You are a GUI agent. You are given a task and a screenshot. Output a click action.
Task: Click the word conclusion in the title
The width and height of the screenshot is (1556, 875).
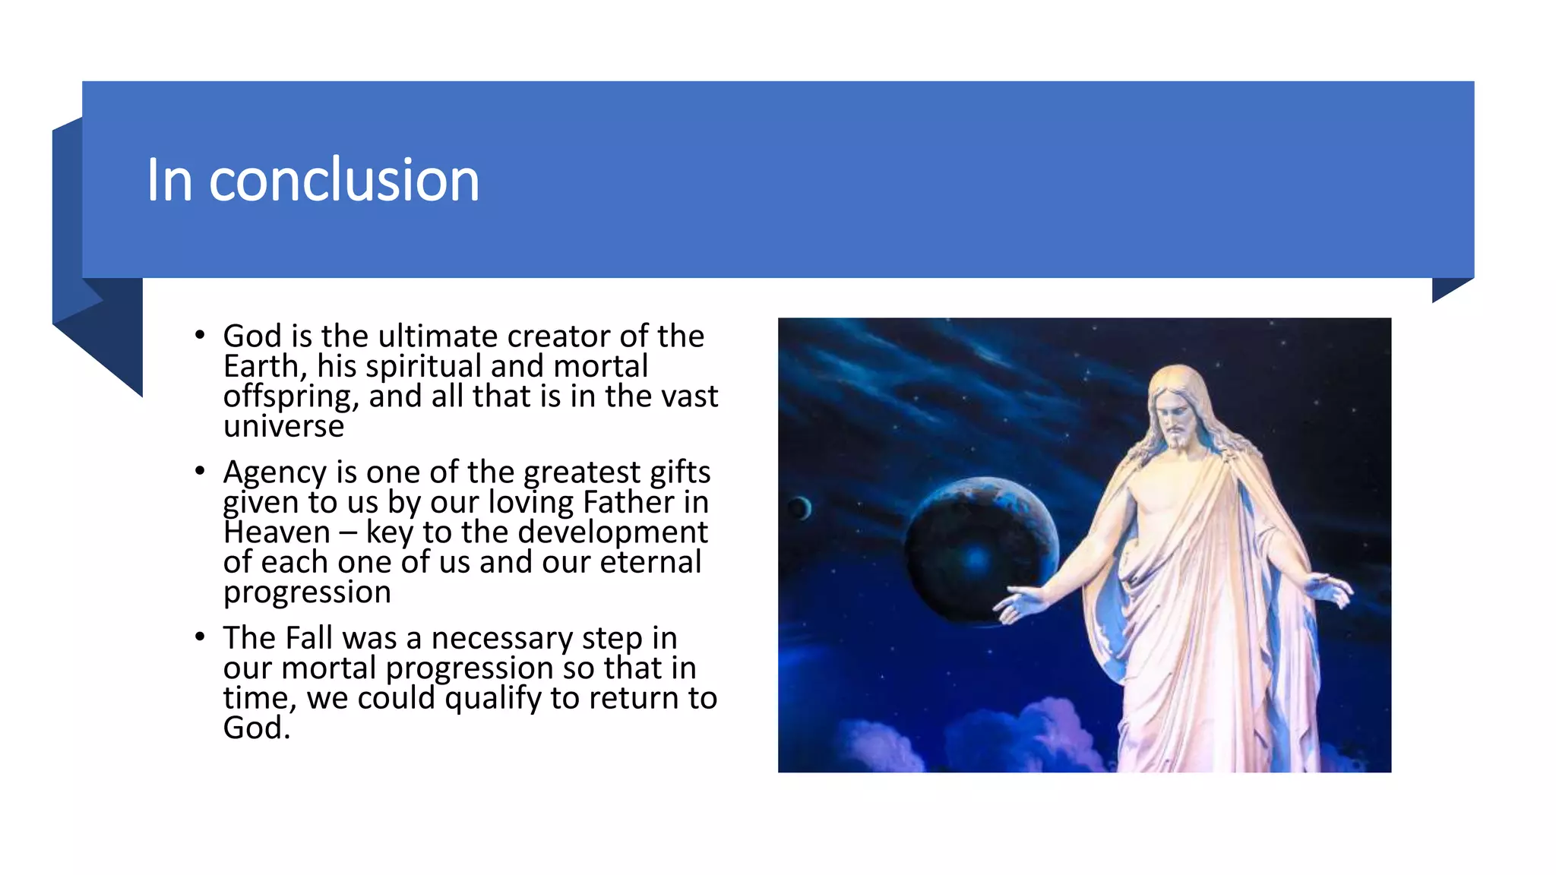pyautogui.click(x=343, y=180)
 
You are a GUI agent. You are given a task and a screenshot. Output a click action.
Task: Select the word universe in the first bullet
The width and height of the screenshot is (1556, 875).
pyautogui.click(x=283, y=427)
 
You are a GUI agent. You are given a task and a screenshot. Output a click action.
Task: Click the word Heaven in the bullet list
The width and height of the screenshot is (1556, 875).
pyautogui.click(x=277, y=532)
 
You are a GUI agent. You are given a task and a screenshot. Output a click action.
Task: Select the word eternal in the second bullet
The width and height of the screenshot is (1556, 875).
pyautogui.click(x=650, y=562)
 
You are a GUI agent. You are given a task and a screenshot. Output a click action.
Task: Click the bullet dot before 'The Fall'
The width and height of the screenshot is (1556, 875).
pyautogui.click(x=200, y=637)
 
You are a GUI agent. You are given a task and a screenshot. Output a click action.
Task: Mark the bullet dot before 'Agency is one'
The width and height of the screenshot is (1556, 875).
pyautogui.click(x=200, y=471)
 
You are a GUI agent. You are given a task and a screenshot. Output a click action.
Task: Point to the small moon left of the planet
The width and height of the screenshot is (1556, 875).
pyautogui.click(x=799, y=508)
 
